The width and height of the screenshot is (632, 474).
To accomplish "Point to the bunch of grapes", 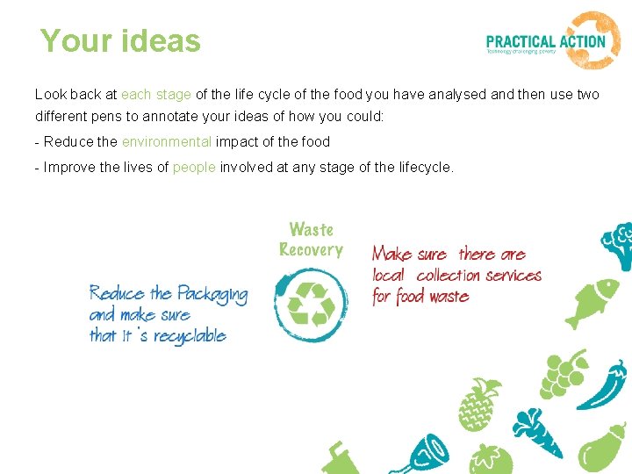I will coord(562,374).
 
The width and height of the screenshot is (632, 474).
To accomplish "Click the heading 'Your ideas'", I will coord(120,40).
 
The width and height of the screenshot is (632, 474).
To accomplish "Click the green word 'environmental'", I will coord(167,141).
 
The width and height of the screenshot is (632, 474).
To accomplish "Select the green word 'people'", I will coord(194,167).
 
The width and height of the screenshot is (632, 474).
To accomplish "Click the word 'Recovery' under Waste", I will coord(311,250).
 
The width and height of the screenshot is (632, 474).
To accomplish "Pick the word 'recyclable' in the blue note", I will coord(190,335).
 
